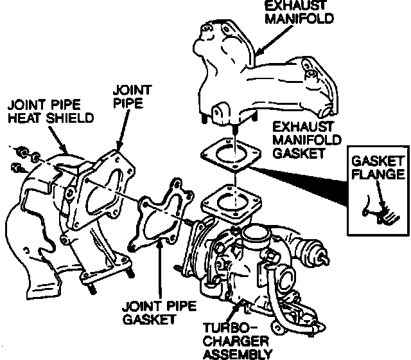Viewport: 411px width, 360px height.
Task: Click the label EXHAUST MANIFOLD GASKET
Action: [x=307, y=140]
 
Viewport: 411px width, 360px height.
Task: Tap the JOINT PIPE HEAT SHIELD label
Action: [x=51, y=111]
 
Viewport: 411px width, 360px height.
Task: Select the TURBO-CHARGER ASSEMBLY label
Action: [x=238, y=341]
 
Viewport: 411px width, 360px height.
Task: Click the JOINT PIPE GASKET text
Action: [x=159, y=313]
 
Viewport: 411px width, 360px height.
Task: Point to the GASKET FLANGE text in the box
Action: [x=378, y=168]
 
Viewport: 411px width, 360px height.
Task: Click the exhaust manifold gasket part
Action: [x=231, y=154]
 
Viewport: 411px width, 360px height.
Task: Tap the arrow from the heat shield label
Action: [x=58, y=139]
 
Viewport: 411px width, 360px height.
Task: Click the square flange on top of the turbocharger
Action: [x=231, y=203]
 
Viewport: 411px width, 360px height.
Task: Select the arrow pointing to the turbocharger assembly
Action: [x=234, y=312]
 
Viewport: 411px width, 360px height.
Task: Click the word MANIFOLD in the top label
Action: [x=299, y=19]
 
